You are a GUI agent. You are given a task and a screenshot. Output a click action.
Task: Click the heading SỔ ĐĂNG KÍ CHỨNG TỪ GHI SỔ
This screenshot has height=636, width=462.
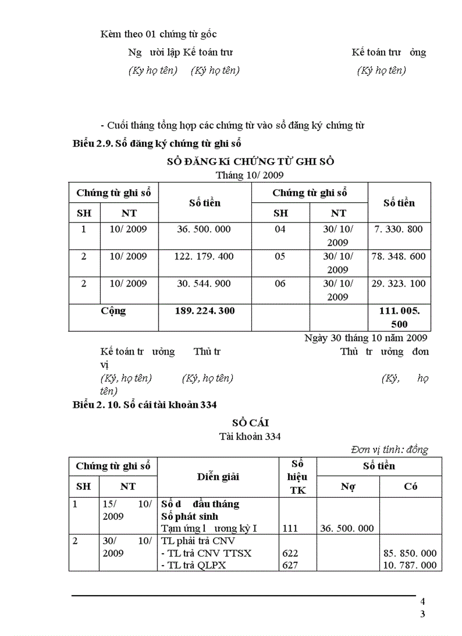click(x=250, y=161)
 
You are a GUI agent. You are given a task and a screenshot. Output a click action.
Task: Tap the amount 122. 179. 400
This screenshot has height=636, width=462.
click(x=204, y=257)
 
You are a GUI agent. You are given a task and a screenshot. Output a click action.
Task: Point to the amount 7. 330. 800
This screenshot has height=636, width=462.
click(x=399, y=229)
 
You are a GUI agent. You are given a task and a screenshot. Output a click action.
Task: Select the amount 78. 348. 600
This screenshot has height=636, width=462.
click(x=399, y=257)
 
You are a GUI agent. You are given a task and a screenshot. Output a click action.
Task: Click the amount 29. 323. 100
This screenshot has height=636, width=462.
click(x=399, y=284)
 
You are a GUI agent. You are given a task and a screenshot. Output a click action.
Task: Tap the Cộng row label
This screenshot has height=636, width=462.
click(x=113, y=311)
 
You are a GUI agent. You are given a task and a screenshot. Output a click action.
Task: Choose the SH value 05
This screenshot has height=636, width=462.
click(x=280, y=257)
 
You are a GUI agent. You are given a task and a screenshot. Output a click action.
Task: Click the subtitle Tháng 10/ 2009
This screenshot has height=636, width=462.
click(x=250, y=175)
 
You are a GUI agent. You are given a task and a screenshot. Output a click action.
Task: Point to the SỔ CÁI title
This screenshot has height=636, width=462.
click(x=250, y=423)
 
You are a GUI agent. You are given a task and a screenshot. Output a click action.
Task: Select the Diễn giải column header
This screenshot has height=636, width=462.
click(x=218, y=476)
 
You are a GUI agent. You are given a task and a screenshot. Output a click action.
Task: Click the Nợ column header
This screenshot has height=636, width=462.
click(x=348, y=486)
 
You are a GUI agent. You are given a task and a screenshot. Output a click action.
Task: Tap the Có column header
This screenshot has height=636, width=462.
click(x=411, y=486)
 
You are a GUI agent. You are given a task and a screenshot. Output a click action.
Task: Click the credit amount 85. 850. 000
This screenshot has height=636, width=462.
click(x=410, y=553)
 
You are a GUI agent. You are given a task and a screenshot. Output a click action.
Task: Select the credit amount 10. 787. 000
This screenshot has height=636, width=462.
click(x=410, y=565)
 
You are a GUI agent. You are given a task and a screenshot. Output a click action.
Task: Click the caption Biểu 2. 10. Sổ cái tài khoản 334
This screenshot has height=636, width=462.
click(x=146, y=404)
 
